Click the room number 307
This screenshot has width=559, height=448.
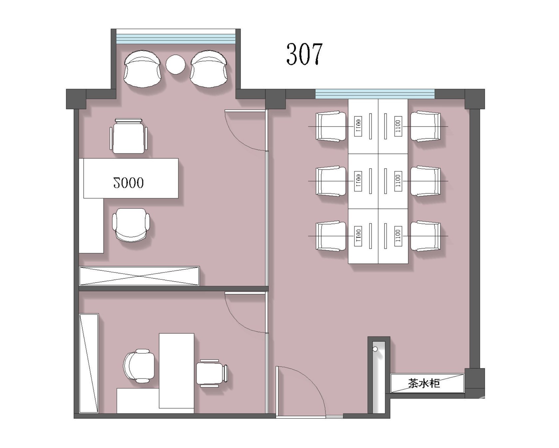pos(304,54)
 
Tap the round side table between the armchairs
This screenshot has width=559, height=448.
pos(175,64)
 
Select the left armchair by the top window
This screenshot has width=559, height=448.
pos(143,69)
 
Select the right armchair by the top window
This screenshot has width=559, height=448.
pos(209,69)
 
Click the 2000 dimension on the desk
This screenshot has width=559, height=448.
pos(128,183)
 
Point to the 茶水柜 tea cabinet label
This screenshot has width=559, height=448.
pos(424,383)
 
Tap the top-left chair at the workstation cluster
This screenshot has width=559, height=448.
pos(331,127)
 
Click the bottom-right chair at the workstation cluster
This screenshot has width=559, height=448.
pos(426,236)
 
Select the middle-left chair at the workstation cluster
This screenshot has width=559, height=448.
pos(331,181)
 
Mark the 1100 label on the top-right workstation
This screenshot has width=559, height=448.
pos(398,126)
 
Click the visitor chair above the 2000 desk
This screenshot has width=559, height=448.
pos(129,136)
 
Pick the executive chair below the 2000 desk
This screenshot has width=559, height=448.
pos(131,225)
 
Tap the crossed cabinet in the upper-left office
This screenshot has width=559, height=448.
pos(139,276)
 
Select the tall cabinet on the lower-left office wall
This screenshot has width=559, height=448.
pos(89,363)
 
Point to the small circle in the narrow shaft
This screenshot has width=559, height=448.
pos(375,349)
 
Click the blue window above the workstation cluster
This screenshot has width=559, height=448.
pos(375,94)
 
